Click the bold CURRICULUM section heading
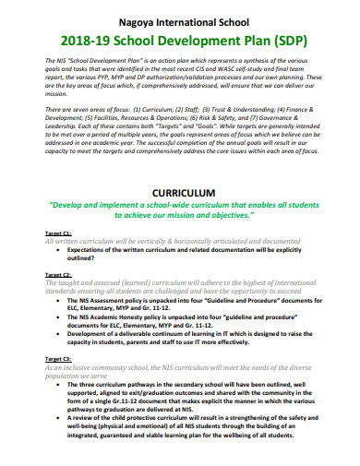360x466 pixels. (180, 193)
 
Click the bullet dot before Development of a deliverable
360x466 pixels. (59, 333)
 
